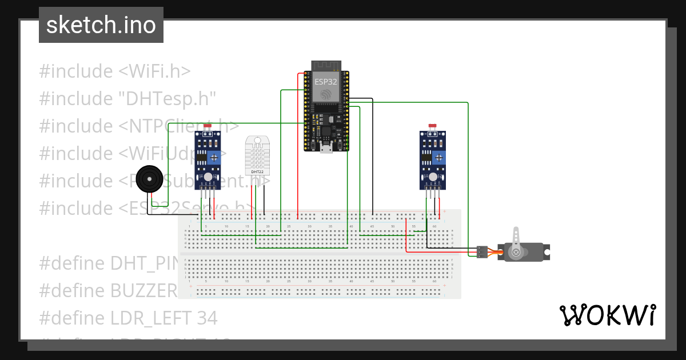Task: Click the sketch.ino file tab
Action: click(x=101, y=25)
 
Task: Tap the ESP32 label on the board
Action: click(x=326, y=82)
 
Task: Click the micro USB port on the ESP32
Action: click(x=326, y=149)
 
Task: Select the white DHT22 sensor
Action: click(x=258, y=155)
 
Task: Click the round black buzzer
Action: click(x=150, y=180)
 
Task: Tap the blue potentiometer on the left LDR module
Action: click(x=213, y=158)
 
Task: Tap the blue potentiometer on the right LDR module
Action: click(x=438, y=158)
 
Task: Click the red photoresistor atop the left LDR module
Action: click(x=207, y=126)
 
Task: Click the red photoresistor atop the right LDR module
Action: click(x=432, y=126)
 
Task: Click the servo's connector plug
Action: click(x=482, y=251)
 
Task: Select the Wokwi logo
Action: click(x=607, y=315)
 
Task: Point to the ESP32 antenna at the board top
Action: click(x=326, y=65)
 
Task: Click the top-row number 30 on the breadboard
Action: click(x=309, y=227)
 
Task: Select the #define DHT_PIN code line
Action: click(x=109, y=263)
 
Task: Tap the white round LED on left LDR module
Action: click(x=208, y=178)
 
